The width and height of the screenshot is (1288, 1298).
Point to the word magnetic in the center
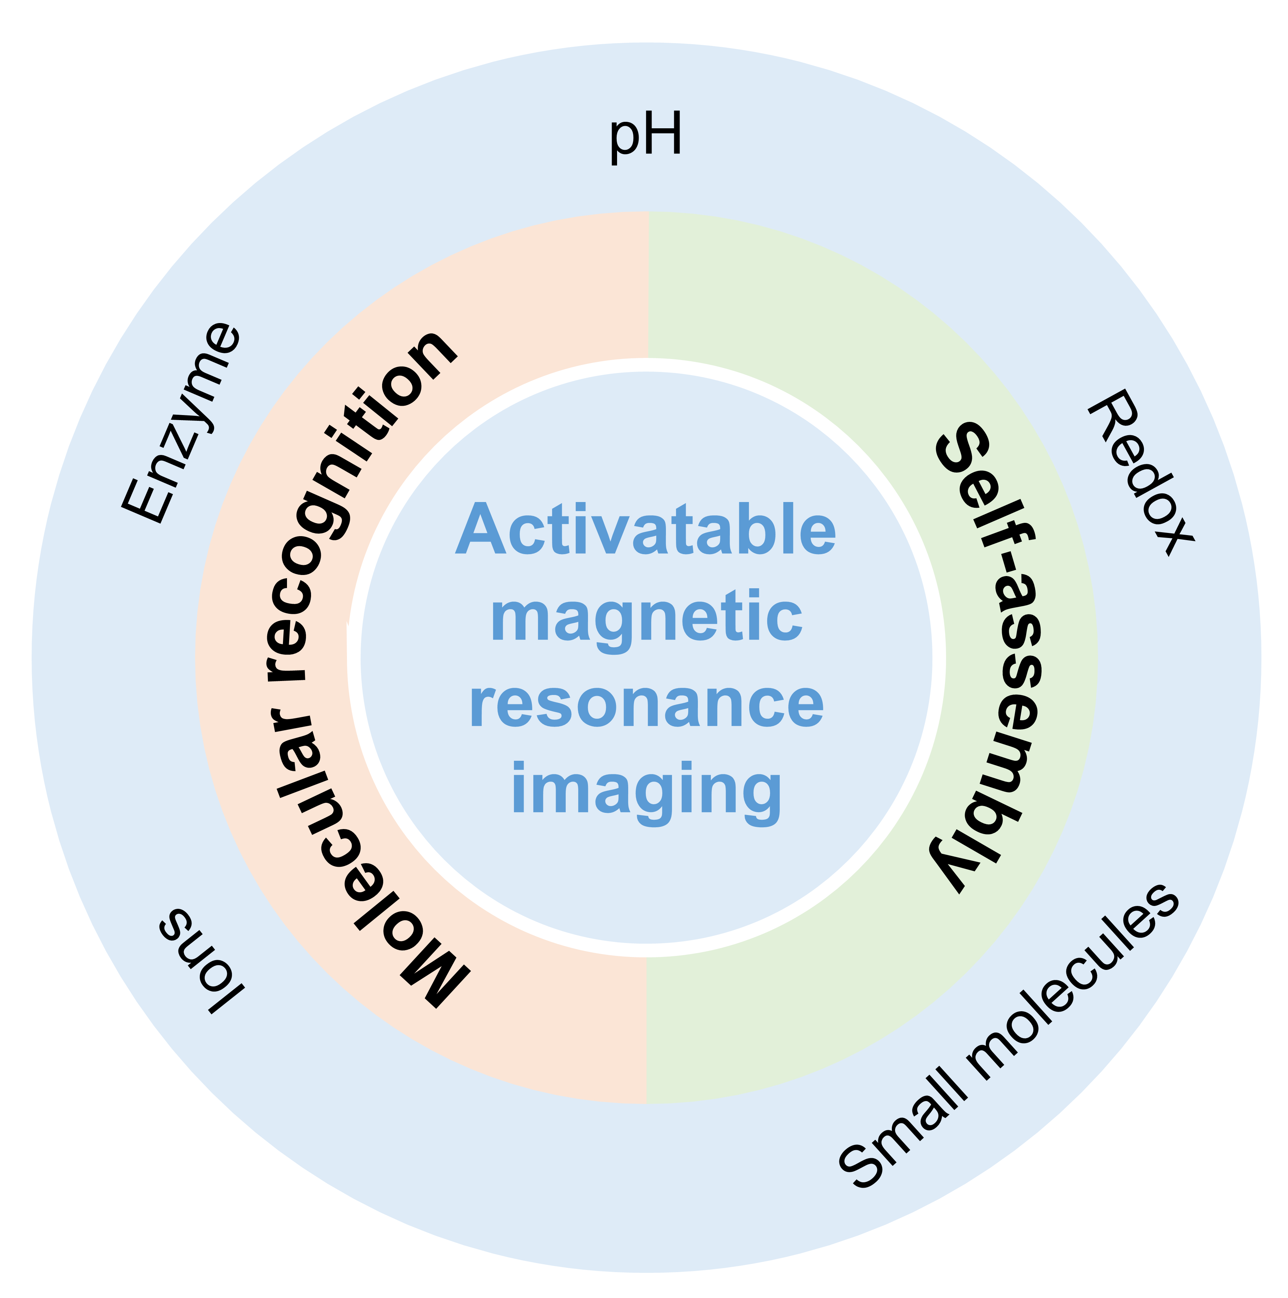(x=647, y=618)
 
